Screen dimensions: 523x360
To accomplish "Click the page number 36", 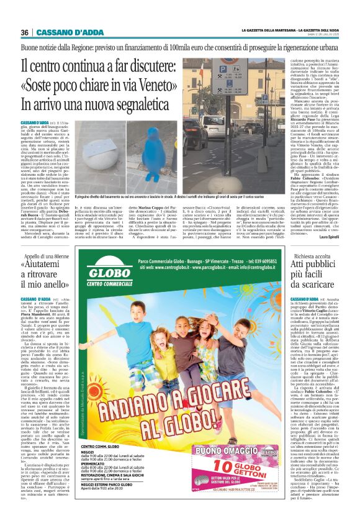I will [25, 32].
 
